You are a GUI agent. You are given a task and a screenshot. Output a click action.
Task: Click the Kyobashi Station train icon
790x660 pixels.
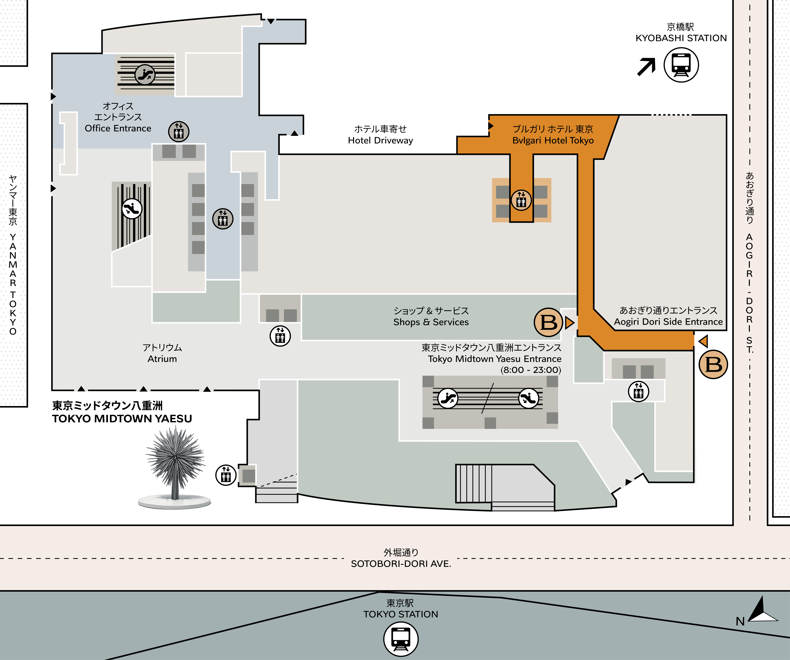(681, 65)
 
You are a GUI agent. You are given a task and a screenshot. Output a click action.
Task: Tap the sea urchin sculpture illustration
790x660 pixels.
(175, 468)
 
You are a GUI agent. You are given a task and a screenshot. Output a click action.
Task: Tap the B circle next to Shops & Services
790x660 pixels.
(548, 322)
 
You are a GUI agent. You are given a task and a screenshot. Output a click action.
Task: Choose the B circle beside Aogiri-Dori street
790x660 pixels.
(713, 364)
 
